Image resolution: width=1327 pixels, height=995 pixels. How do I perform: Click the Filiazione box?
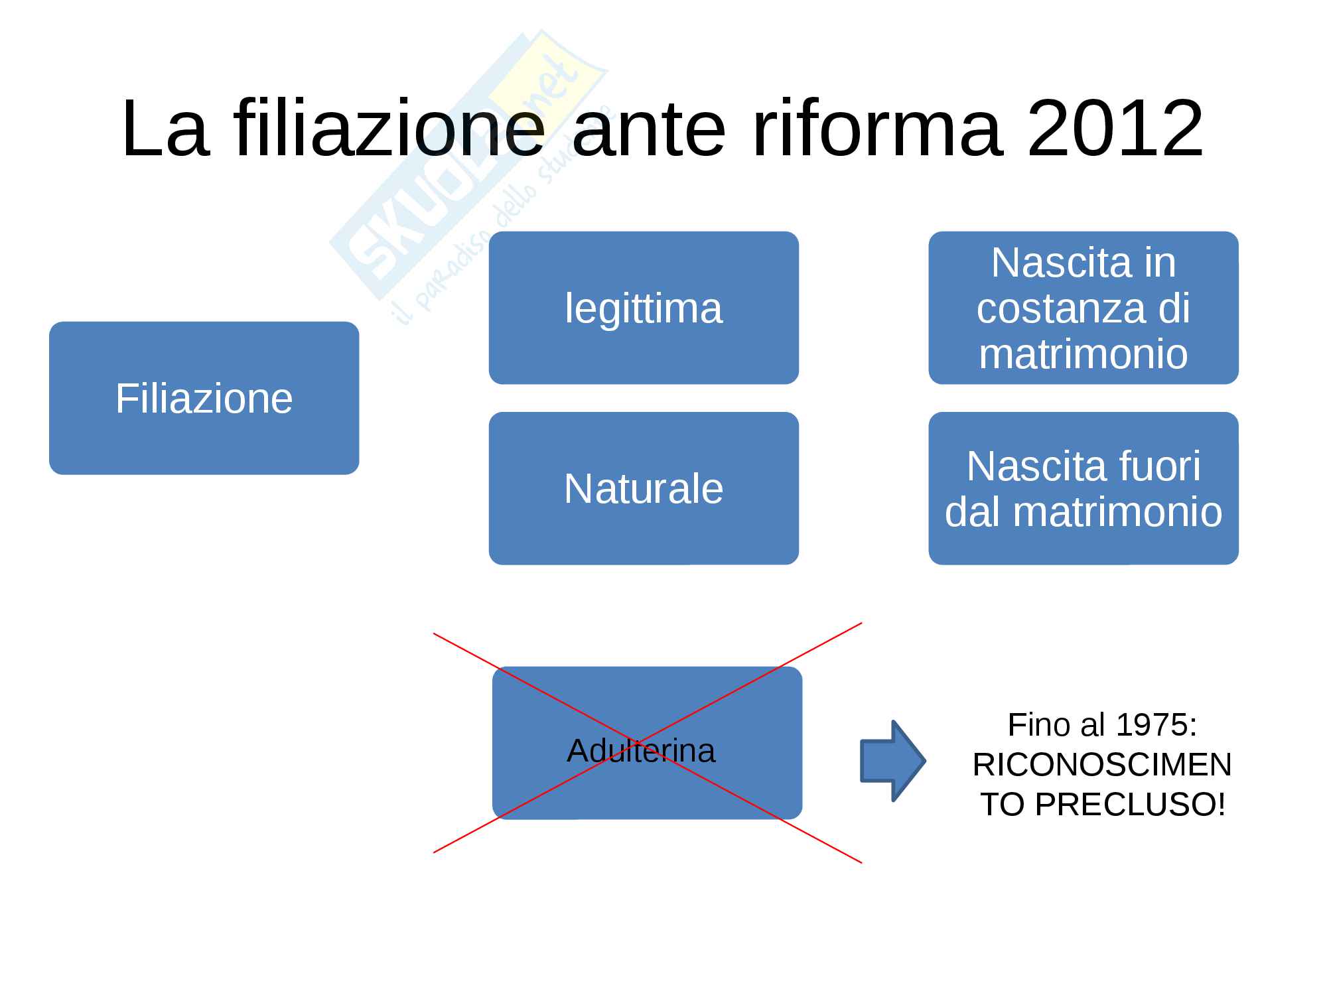(204, 398)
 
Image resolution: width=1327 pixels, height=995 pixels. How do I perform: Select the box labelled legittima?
(644, 308)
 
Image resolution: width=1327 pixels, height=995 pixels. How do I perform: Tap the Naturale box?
(644, 488)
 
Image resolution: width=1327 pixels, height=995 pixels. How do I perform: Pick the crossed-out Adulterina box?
(647, 743)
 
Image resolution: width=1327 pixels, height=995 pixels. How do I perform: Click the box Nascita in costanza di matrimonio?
(1083, 308)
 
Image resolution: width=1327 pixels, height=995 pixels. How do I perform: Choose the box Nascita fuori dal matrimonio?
(1083, 488)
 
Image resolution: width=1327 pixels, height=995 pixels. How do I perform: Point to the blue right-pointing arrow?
(892, 761)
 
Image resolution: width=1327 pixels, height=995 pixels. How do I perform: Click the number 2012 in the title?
(1115, 129)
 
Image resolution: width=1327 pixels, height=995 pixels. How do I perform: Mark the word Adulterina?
(641, 751)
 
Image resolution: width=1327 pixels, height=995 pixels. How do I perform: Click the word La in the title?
(165, 129)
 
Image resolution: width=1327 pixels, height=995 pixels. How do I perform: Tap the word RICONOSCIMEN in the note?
(1102, 765)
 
